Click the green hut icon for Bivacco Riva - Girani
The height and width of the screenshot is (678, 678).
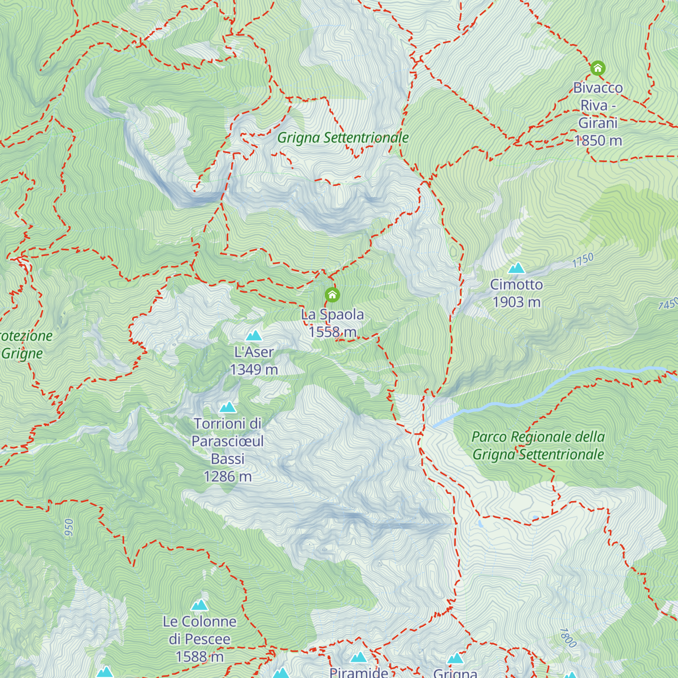tap(598, 68)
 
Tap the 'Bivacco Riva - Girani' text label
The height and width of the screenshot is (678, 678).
tap(598, 114)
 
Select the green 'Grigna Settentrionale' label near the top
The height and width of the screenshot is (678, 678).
tap(342, 138)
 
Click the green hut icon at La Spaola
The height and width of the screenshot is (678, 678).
tap(332, 294)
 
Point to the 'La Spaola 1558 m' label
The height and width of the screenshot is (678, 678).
tap(332, 323)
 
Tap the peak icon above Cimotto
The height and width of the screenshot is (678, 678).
tap(516, 268)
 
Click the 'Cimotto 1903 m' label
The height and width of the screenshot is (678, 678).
tap(516, 293)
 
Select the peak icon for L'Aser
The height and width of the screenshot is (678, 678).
tap(254, 336)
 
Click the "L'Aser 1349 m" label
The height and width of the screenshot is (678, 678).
tap(254, 360)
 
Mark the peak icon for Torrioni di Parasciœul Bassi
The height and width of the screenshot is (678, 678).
tap(228, 407)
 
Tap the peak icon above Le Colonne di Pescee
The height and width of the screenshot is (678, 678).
tap(199, 606)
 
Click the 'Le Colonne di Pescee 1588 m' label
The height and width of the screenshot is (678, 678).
tap(199, 639)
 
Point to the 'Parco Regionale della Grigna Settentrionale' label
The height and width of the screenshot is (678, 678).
tap(538, 446)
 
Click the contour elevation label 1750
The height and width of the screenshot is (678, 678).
tap(583, 260)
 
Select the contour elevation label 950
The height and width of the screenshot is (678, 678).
tap(69, 529)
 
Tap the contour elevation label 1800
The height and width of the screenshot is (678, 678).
tap(568, 638)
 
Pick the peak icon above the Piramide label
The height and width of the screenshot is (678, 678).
tap(359, 658)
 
